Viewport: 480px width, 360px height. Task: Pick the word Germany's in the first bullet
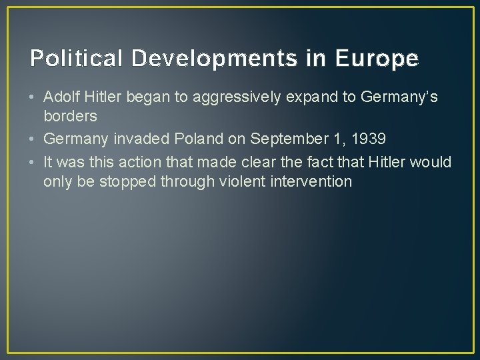coord(399,97)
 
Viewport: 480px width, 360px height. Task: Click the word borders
coord(70,116)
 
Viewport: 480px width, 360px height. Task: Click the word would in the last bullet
coord(433,162)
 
